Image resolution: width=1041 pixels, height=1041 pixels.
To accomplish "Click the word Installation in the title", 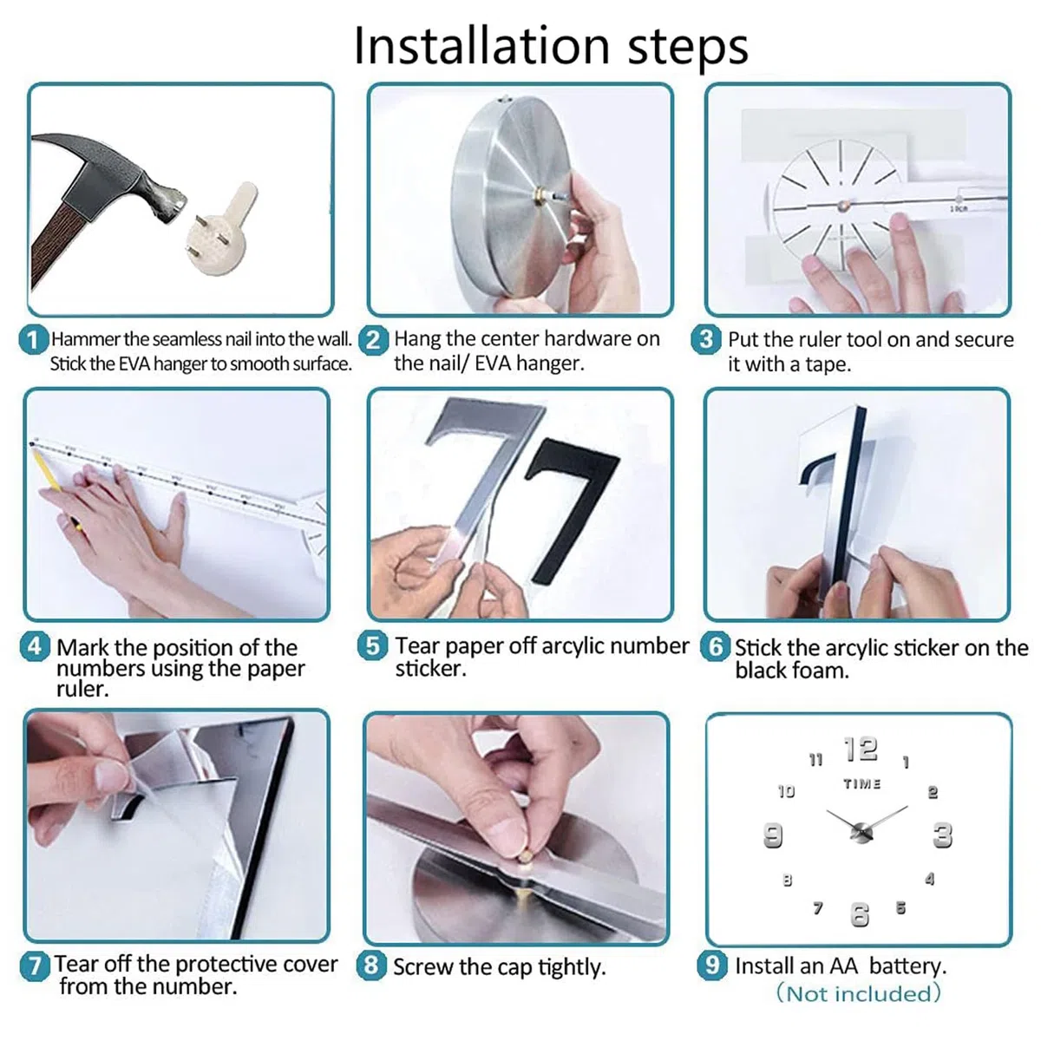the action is coord(481,46).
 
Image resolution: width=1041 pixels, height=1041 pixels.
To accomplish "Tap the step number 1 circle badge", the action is coord(33,340).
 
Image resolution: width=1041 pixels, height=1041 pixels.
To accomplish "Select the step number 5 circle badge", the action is coord(372,645).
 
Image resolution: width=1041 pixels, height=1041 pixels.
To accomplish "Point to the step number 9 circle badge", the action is coord(712,965).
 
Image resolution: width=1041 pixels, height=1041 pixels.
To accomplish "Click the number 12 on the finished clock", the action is coord(861,750).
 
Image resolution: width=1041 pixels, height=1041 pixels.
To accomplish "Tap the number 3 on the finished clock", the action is coord(943,835).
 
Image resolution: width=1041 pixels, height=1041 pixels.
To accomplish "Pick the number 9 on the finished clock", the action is coord(773,835).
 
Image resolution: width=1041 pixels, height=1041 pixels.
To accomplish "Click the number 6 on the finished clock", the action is coord(860,915).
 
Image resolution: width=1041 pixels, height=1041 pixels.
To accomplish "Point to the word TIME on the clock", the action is coord(861,784).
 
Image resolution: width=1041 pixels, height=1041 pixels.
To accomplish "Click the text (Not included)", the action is coord(859,993).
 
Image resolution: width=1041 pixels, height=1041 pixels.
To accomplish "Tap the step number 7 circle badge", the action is coord(35,966).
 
